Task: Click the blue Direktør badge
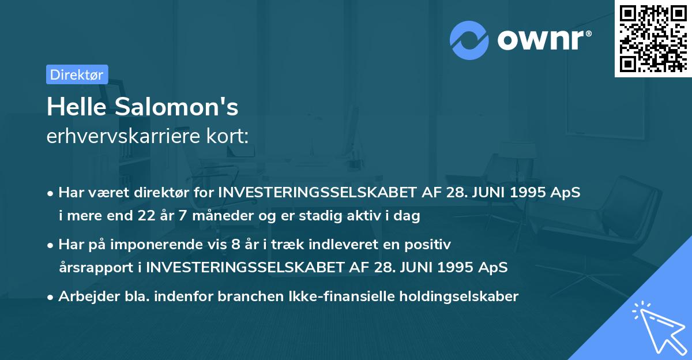tap(77, 74)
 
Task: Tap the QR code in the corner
tap(653, 38)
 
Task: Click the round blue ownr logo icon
tap(469, 40)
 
